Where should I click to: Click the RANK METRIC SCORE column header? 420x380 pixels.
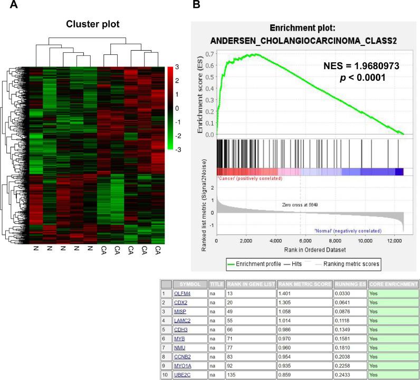click(304, 283)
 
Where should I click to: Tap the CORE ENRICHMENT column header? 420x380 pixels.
click(392, 283)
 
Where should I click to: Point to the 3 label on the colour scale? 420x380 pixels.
click(177, 67)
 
